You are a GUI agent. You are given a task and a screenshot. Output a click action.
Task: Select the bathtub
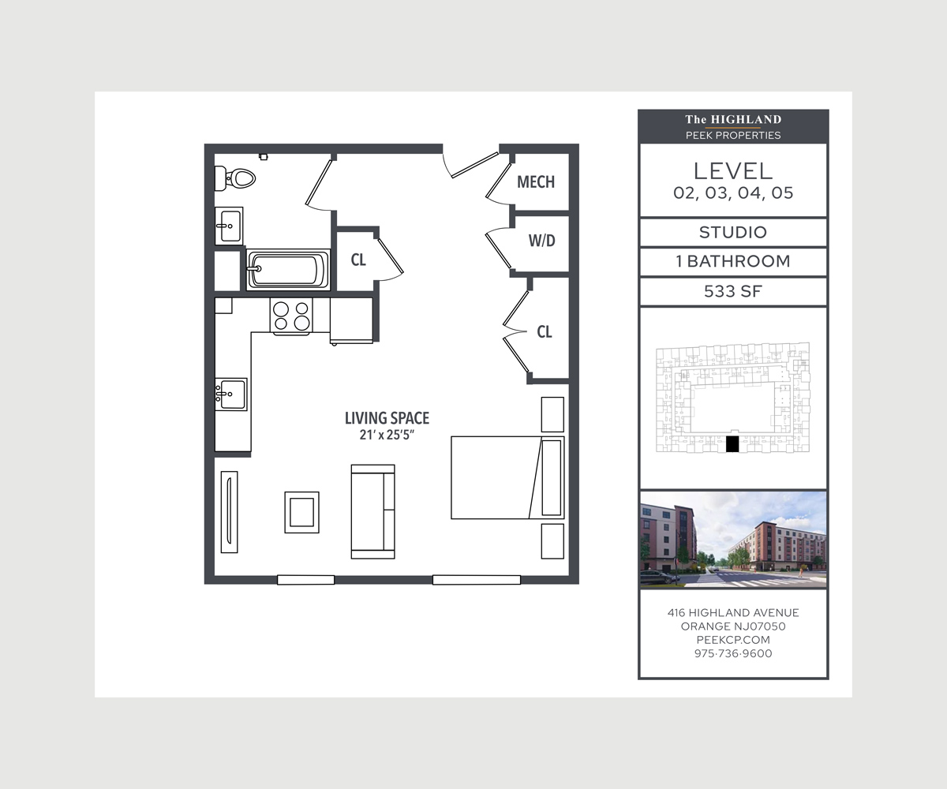point(288,269)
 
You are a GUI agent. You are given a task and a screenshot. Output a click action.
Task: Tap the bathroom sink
point(229,226)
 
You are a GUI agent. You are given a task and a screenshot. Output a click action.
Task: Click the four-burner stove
point(291,316)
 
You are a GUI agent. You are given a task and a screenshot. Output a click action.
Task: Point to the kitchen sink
point(231,394)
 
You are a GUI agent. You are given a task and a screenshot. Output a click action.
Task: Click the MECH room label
point(536,181)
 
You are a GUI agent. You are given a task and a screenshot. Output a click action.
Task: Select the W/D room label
point(541,241)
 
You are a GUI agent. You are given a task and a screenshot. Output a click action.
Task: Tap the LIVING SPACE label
point(387,418)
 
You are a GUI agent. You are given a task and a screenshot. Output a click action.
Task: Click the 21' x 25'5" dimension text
point(387,435)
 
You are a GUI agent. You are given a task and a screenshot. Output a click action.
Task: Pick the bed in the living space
point(507,477)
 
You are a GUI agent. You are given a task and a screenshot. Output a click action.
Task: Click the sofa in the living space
point(372,511)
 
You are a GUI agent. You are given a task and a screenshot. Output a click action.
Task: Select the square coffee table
point(301,512)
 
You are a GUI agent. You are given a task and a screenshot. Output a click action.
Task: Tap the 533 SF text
point(733,291)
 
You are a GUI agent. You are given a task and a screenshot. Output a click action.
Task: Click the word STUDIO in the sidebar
point(733,232)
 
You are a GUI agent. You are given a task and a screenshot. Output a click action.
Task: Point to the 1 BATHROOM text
point(733,261)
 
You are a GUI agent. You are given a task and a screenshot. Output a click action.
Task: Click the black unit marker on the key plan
point(732,444)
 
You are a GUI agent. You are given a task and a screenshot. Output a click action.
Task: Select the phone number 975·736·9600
point(733,653)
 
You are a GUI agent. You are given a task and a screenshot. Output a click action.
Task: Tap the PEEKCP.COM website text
point(733,640)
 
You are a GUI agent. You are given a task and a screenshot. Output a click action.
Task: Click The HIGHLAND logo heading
point(733,120)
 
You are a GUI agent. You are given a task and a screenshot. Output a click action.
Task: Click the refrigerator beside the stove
point(351,320)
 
